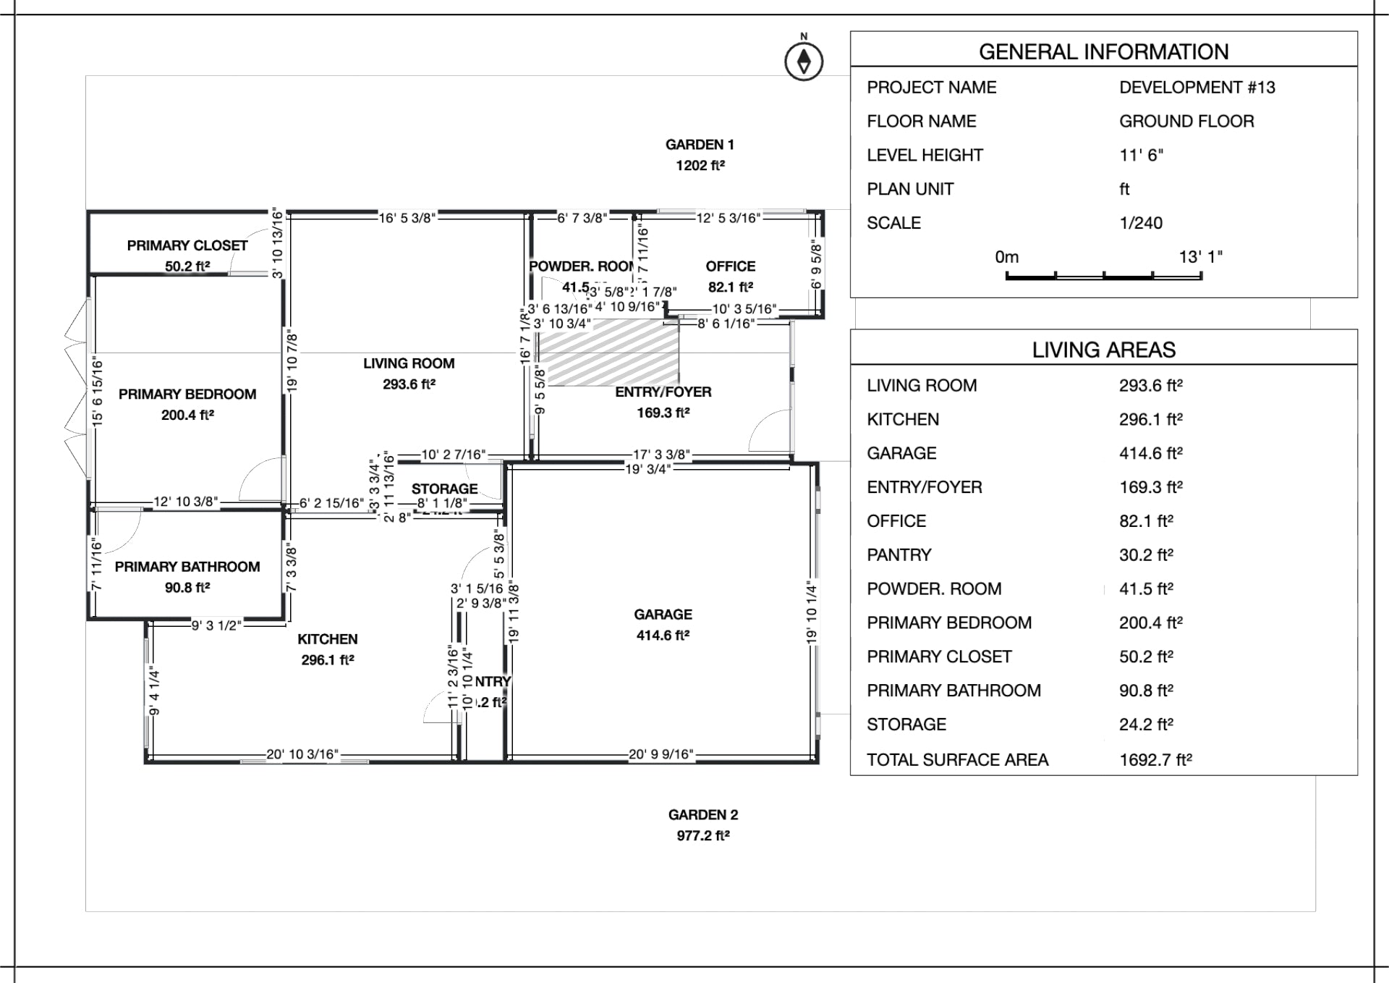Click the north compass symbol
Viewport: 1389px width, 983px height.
tap(804, 61)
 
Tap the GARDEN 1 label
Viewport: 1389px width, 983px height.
tap(699, 145)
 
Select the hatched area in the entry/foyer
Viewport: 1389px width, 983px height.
tap(610, 353)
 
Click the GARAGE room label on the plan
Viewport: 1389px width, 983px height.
tap(663, 615)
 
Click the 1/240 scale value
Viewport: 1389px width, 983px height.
tap(1140, 223)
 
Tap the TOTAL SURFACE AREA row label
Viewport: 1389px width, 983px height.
tap(957, 759)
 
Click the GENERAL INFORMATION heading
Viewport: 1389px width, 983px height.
tap(1103, 52)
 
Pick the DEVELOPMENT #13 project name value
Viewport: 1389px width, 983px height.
tap(1197, 88)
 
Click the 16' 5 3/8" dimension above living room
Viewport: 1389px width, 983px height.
tap(407, 218)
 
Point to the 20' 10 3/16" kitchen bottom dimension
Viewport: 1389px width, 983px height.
tap(302, 754)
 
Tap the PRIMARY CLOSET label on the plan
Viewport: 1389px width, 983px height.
tap(187, 245)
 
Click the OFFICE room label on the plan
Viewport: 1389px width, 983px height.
tap(730, 266)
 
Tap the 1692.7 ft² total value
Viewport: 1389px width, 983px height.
tap(1155, 759)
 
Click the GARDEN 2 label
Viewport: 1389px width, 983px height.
tap(702, 815)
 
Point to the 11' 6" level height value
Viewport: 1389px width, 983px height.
tap(1141, 156)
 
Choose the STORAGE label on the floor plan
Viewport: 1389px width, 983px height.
tap(444, 489)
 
